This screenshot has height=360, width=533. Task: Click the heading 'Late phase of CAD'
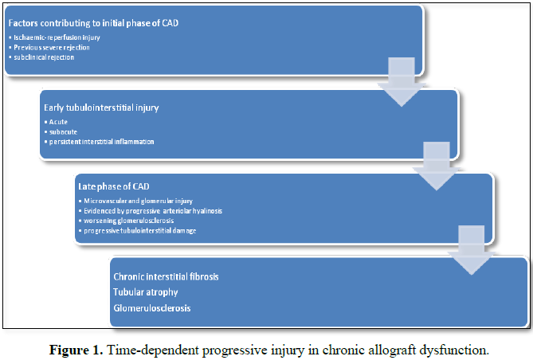tap(108, 186)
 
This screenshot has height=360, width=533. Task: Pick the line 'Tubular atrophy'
tap(146, 292)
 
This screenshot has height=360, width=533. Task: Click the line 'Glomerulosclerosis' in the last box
tap(152, 307)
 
